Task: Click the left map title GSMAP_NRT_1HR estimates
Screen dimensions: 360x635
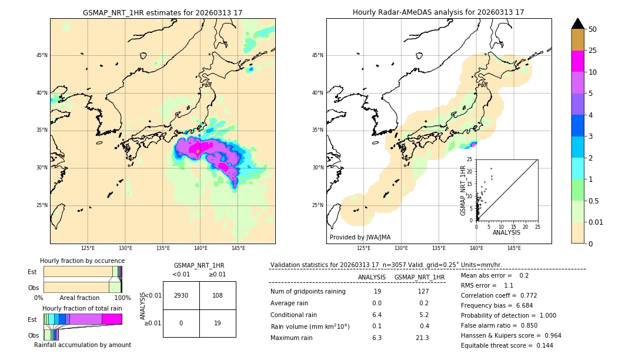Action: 162,12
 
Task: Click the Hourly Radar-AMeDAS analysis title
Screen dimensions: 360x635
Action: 438,12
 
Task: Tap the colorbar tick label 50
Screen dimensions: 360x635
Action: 593,29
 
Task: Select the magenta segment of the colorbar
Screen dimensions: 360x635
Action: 578,62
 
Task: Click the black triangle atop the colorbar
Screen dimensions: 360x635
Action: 578,24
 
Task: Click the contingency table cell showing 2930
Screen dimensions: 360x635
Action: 181,295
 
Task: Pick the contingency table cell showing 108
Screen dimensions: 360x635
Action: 218,295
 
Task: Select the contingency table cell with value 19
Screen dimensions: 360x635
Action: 218,323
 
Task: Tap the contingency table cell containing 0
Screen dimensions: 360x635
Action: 181,323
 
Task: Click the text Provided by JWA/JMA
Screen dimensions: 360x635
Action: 360,237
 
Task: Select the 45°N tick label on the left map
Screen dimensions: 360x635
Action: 42,55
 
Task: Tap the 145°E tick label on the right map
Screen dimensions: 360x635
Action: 514,248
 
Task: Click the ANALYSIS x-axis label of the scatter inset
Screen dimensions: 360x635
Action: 506,233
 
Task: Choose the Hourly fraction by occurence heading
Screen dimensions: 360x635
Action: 82,261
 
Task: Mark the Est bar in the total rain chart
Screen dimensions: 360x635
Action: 82,319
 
